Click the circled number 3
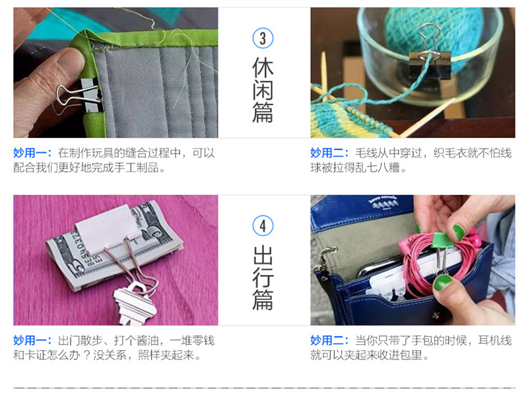click(263, 38)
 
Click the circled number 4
click(263, 226)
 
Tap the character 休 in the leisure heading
click(263, 67)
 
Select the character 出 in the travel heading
click(263, 255)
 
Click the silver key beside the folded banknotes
click(135, 303)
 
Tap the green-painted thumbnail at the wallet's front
click(442, 283)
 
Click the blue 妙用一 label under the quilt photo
click(32, 153)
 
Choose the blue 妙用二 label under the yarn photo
click(329, 153)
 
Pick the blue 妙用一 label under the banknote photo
click(32, 340)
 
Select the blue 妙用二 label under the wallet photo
click(329, 340)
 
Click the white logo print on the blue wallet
click(383, 202)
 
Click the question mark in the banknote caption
click(86, 355)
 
